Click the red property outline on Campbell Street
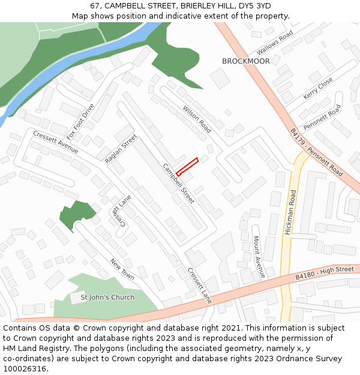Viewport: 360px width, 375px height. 187,166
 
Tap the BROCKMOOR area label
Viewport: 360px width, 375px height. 245,61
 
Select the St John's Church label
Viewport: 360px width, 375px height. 107,297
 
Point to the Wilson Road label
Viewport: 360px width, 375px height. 197,119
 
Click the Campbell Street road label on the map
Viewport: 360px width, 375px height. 178,183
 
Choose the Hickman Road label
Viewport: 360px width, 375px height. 290,212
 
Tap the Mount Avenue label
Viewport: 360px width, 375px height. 259,256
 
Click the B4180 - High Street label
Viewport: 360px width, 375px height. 325,273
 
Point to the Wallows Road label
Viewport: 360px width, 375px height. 274,43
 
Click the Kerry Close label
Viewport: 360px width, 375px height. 318,88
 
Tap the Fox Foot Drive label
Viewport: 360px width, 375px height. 81,121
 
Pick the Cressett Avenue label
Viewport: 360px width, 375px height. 56,142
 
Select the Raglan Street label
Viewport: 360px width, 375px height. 121,149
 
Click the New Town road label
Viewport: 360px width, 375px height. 122,268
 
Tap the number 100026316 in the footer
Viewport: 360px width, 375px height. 25,368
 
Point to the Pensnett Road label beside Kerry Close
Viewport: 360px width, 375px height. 322,118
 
